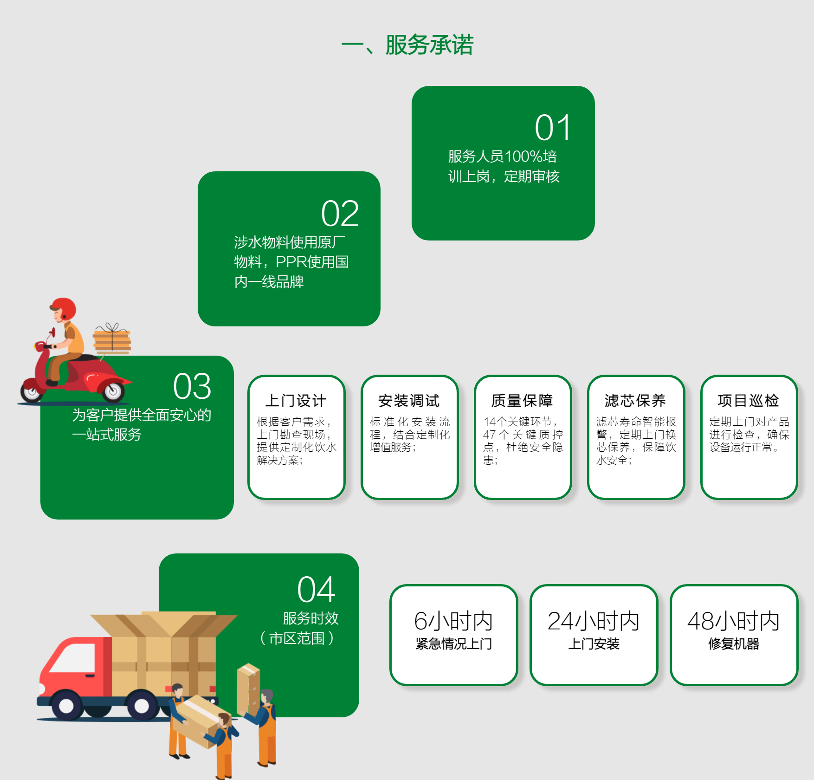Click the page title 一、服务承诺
(x=407, y=45)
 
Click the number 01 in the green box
(x=553, y=128)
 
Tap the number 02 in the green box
(x=340, y=214)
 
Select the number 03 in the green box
(x=192, y=386)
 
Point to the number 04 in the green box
(x=316, y=590)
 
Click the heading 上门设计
(x=296, y=401)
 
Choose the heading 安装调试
(x=409, y=401)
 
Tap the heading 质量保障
(x=522, y=401)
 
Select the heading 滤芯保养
(x=635, y=401)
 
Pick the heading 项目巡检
(x=748, y=401)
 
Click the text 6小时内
(x=453, y=621)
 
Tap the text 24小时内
(x=594, y=621)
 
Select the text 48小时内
(x=734, y=621)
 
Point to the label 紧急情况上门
(x=453, y=644)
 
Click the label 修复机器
(x=734, y=644)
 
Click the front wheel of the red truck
(x=66, y=705)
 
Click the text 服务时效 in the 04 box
(x=310, y=618)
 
